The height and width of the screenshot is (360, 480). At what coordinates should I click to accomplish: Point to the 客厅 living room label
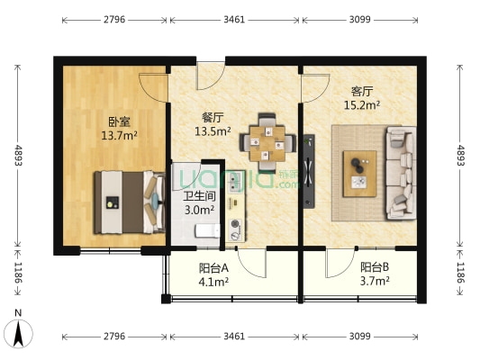362,91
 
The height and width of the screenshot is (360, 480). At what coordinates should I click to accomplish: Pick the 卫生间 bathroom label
198,195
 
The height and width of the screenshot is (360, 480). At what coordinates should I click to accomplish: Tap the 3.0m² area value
198,210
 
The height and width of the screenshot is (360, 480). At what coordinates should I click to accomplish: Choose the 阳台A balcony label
213,266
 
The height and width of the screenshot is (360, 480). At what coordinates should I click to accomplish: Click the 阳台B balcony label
375,266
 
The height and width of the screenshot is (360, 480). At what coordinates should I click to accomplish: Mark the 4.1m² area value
213,281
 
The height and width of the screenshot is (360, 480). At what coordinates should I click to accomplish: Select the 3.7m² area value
375,281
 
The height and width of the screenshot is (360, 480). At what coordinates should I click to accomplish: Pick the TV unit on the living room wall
309,171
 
